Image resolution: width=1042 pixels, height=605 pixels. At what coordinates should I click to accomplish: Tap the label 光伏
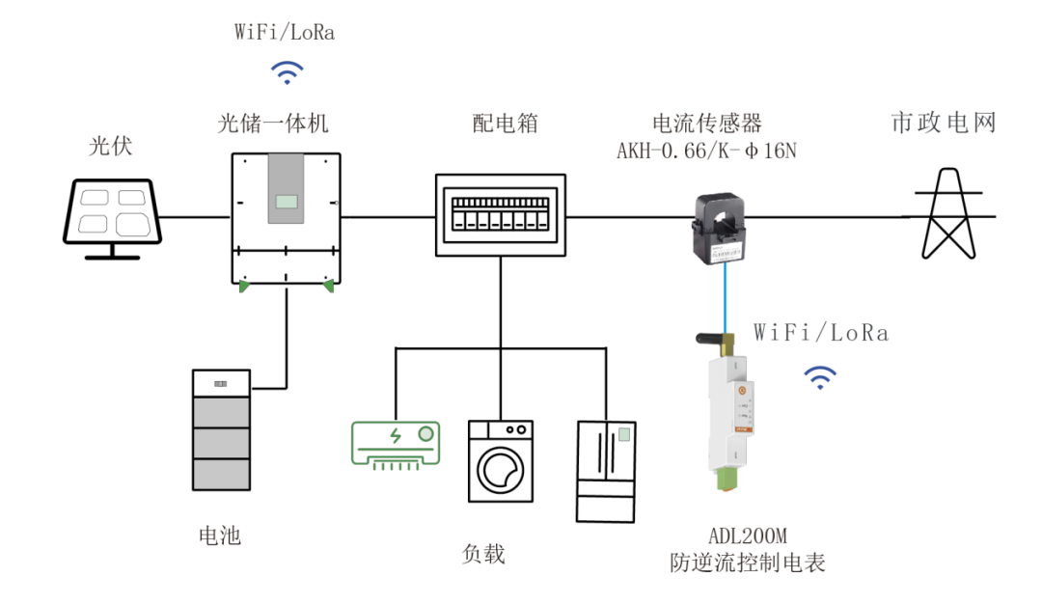point(110,147)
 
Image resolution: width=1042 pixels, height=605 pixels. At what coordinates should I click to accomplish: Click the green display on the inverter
point(287,203)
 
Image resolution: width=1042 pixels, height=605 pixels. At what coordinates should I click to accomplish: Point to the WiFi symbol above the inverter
point(286,72)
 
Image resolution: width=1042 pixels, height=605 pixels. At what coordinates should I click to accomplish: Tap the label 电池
point(219,536)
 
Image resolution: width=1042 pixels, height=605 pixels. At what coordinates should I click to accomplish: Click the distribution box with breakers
point(500,214)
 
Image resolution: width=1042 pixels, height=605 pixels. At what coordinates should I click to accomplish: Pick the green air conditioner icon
point(396,445)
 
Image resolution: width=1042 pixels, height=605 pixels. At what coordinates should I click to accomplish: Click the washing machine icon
point(501,460)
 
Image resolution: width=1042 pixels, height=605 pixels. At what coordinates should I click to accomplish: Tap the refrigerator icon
point(607,471)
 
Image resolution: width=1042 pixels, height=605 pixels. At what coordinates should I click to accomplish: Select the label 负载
point(483,555)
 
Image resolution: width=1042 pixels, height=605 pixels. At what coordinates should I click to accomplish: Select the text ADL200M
point(749,536)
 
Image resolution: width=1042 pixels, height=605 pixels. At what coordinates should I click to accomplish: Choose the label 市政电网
point(943,123)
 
